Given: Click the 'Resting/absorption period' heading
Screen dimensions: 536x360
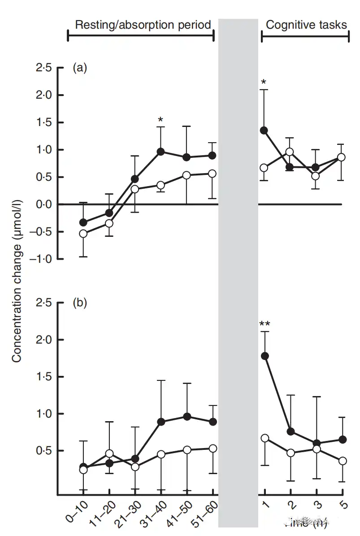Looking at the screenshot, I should [x=143, y=25].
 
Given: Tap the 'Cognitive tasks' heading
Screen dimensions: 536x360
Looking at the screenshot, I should [x=306, y=25].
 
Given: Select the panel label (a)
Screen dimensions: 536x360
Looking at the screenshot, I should [x=80, y=68].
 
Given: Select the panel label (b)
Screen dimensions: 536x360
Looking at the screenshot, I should [x=80, y=303].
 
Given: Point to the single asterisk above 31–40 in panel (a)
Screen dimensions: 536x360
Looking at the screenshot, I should [x=160, y=120].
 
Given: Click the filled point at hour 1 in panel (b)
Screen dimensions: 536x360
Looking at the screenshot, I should [x=264, y=356].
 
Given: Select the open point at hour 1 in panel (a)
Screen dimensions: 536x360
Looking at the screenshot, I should [x=264, y=168].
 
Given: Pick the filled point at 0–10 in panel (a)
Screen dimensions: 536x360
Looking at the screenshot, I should [x=83, y=222].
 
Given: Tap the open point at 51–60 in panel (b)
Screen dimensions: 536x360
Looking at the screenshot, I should [x=213, y=449].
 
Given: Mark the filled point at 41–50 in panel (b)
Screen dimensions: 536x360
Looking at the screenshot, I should [x=187, y=417].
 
